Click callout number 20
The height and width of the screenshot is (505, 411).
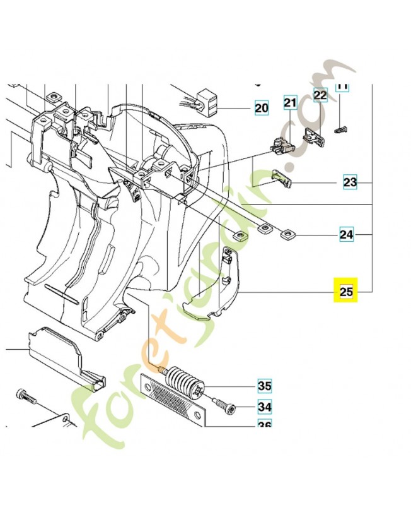(x=261, y=108)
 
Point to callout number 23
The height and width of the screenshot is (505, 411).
(x=350, y=182)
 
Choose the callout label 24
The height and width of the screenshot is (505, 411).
(x=346, y=235)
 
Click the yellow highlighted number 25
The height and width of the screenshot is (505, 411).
(x=346, y=292)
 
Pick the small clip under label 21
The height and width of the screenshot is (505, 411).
(x=281, y=146)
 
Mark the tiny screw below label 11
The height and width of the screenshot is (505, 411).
(x=343, y=130)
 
